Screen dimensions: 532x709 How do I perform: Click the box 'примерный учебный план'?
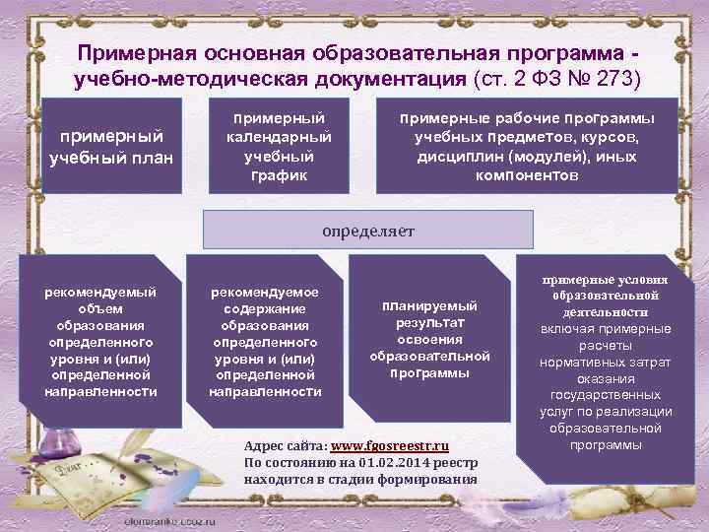[110, 146]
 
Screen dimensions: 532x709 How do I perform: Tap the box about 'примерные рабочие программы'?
[527, 146]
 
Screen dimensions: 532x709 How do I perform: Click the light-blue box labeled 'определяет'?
[367, 230]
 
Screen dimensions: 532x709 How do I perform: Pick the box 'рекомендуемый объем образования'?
[100, 341]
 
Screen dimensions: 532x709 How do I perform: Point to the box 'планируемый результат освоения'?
[429, 340]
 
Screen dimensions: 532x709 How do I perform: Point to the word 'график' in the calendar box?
[279, 175]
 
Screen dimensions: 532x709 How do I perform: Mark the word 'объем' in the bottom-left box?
[101, 308]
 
